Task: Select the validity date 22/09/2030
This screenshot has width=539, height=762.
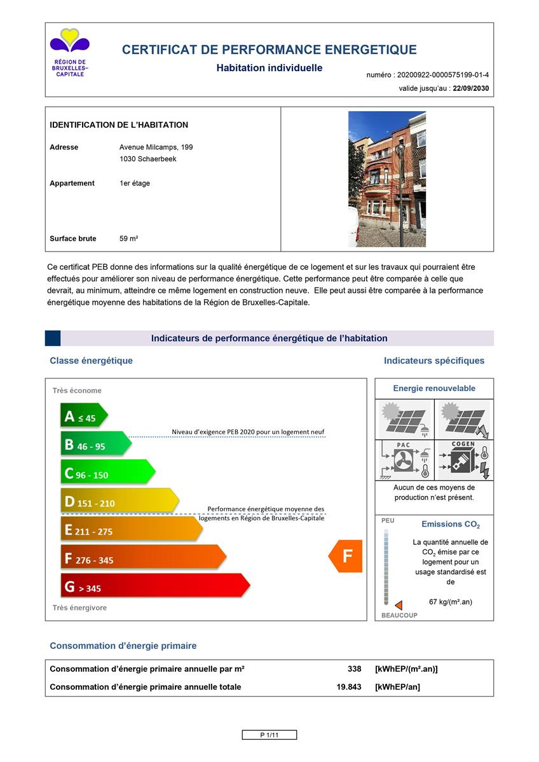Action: coord(470,89)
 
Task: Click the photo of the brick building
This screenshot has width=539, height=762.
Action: coord(386,179)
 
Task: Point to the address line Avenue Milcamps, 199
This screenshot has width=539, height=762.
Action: coord(156,147)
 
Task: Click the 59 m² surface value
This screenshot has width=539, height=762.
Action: coord(129,239)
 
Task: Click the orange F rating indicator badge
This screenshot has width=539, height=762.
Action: coord(346,556)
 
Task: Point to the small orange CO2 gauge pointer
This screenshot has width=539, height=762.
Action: coord(399,605)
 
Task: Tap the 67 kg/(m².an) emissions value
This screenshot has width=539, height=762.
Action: coord(451,602)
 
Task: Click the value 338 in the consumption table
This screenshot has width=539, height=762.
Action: coord(355,669)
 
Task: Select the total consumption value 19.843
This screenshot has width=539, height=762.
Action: coord(349,686)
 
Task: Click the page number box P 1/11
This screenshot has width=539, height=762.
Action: coord(269,735)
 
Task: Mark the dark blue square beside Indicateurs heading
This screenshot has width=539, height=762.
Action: coord(53,338)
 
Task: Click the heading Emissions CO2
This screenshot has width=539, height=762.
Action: coord(451,525)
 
